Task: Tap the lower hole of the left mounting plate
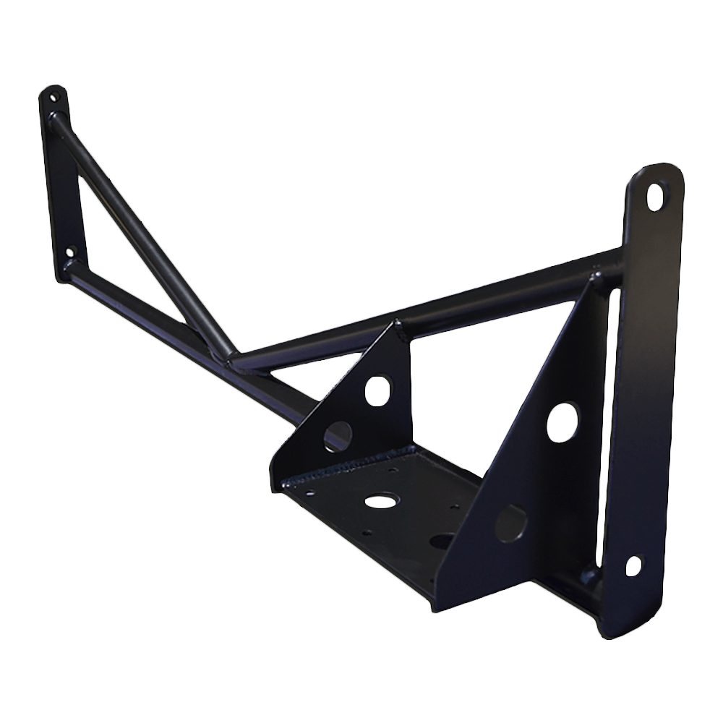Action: tap(69, 253)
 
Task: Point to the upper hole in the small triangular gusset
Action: tap(376, 390)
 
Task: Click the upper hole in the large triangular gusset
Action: tap(563, 422)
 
